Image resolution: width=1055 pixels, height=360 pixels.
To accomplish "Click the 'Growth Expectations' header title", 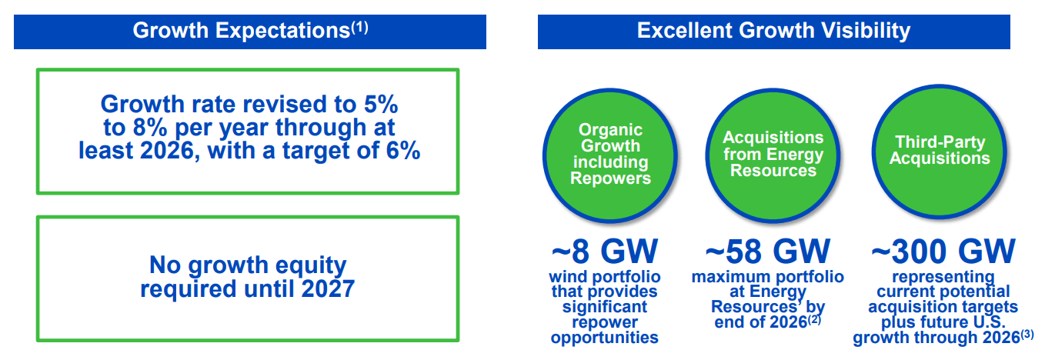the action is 242,31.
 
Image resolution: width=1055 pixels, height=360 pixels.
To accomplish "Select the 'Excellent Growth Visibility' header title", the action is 773,31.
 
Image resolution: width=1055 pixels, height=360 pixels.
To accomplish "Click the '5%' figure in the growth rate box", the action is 381,104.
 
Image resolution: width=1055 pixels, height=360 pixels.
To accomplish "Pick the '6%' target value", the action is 403,151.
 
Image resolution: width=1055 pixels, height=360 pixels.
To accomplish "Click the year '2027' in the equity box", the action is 328,288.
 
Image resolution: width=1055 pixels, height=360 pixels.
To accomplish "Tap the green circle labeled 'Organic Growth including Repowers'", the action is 610,155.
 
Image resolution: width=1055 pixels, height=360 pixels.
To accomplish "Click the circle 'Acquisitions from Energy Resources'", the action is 773,155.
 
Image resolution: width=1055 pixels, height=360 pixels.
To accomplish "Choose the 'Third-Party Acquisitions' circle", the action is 940,152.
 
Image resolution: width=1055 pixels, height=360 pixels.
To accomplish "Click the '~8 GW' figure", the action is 605,252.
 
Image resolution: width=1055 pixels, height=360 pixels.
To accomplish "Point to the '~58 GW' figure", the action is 768,252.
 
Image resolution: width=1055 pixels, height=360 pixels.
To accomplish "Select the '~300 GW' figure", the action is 943,252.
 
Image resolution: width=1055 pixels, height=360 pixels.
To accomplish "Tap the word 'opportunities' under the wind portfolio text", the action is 605,338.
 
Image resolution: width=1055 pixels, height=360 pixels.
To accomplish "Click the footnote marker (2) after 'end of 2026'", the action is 815,319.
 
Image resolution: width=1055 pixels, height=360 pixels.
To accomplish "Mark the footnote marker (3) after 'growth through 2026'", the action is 1027,335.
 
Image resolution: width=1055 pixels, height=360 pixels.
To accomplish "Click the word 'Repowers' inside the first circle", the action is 610,178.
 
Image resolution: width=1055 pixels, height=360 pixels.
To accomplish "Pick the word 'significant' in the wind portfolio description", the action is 605,307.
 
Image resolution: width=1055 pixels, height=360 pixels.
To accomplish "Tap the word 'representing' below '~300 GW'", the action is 943,277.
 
